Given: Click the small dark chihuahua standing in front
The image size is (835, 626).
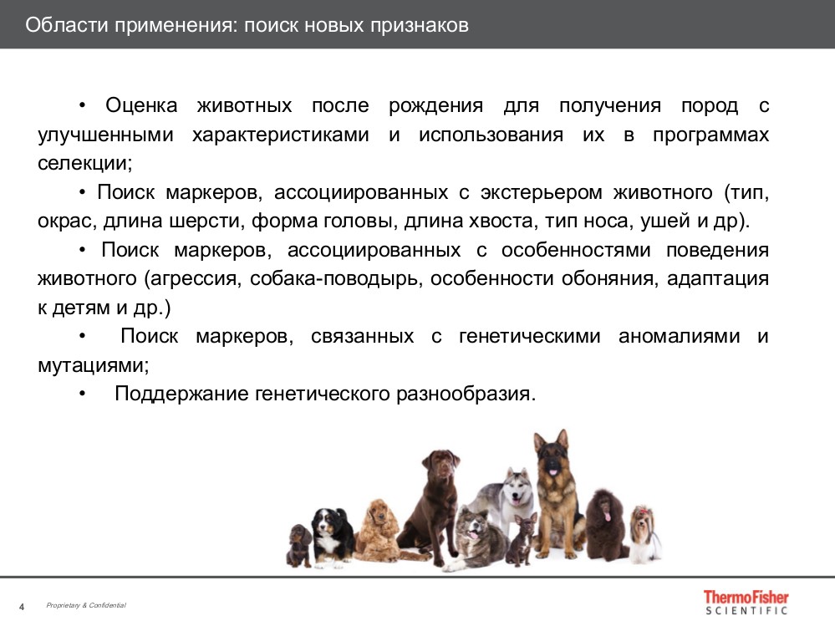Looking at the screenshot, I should coord(522,539).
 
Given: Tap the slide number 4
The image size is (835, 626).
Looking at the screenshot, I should coord(22,606).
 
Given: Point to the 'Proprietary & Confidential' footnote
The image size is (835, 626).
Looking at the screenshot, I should coord(86,605).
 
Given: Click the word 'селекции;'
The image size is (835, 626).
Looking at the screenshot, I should coord(85,163).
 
